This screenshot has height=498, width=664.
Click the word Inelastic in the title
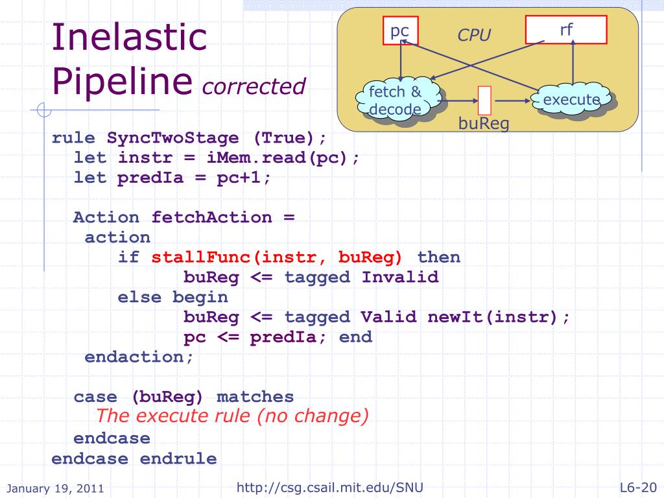point(129,38)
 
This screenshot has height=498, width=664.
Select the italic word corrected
point(254,86)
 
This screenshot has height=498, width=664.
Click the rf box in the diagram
point(565,30)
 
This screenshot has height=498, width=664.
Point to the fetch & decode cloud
point(396,101)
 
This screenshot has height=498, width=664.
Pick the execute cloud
point(571,100)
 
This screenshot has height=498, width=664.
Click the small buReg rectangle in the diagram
point(484,101)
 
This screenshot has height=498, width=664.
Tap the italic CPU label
point(474,35)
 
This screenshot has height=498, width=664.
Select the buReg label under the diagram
point(484,123)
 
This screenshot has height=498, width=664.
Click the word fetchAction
point(211,217)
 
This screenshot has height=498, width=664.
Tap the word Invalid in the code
point(399,278)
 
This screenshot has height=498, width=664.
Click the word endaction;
point(139,357)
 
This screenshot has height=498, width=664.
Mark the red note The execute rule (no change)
point(232,416)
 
